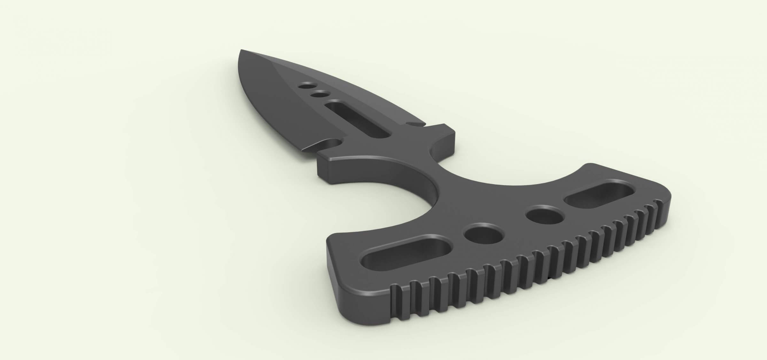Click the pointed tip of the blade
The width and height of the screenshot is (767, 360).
click(x=242, y=50)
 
